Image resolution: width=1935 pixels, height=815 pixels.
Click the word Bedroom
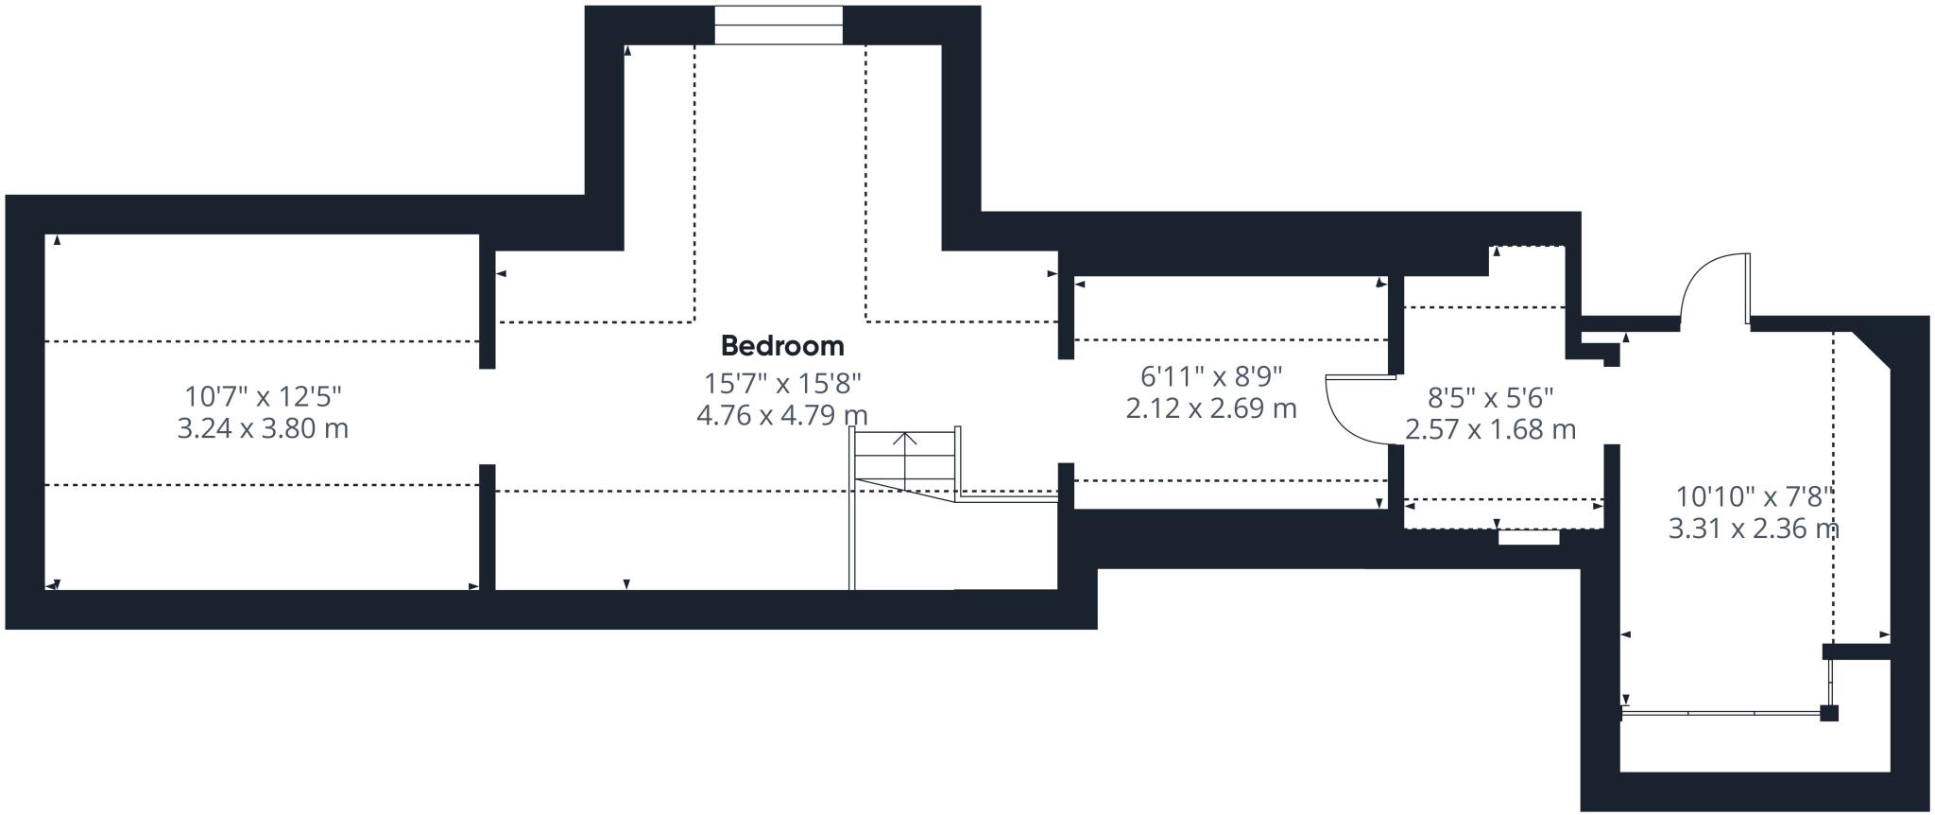(782, 345)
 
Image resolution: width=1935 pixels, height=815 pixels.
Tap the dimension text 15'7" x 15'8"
(782, 383)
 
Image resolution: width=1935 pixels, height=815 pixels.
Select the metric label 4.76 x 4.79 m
(782, 415)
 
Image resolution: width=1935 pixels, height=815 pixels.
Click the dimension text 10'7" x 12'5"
(263, 395)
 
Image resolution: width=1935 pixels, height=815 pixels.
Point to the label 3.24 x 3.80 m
(263, 428)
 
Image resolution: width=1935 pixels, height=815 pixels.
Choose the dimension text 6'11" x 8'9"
(1211, 376)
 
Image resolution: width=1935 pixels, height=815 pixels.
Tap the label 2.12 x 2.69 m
(1211, 408)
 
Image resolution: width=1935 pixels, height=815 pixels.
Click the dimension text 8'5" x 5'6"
(1490, 397)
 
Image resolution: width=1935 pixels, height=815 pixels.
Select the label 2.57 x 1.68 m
(1490, 429)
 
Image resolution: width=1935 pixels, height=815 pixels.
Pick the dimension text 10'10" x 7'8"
(1754, 495)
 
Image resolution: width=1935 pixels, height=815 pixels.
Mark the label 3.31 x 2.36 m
(1754, 528)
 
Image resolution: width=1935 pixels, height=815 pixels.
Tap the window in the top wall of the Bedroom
(778, 25)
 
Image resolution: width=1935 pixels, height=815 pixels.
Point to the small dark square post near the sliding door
(1829, 713)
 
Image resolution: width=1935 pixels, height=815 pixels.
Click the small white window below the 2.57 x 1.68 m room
(1528, 537)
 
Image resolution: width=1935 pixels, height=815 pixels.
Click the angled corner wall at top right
(1872, 349)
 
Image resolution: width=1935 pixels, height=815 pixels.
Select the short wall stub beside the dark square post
(1856, 651)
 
